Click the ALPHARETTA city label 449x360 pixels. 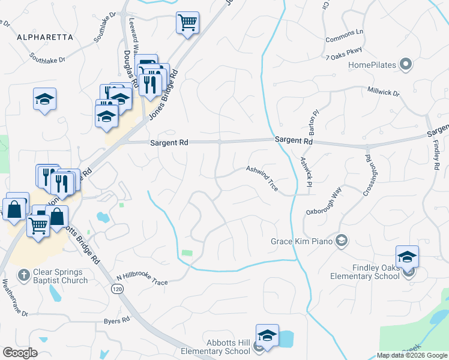coord(45,37)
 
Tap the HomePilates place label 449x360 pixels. coord(373,64)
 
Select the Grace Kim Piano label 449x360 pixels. coord(305,241)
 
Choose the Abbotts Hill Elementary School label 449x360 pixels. coord(217,347)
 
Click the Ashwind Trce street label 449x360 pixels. coord(262,178)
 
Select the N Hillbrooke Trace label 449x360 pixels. coord(142,278)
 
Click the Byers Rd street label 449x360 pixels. coord(117,321)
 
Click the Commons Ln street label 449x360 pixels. coord(345,36)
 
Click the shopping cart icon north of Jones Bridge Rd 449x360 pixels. coord(187,23)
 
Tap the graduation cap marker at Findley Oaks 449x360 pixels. coord(407,257)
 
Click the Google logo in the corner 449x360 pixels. coord(20,353)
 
